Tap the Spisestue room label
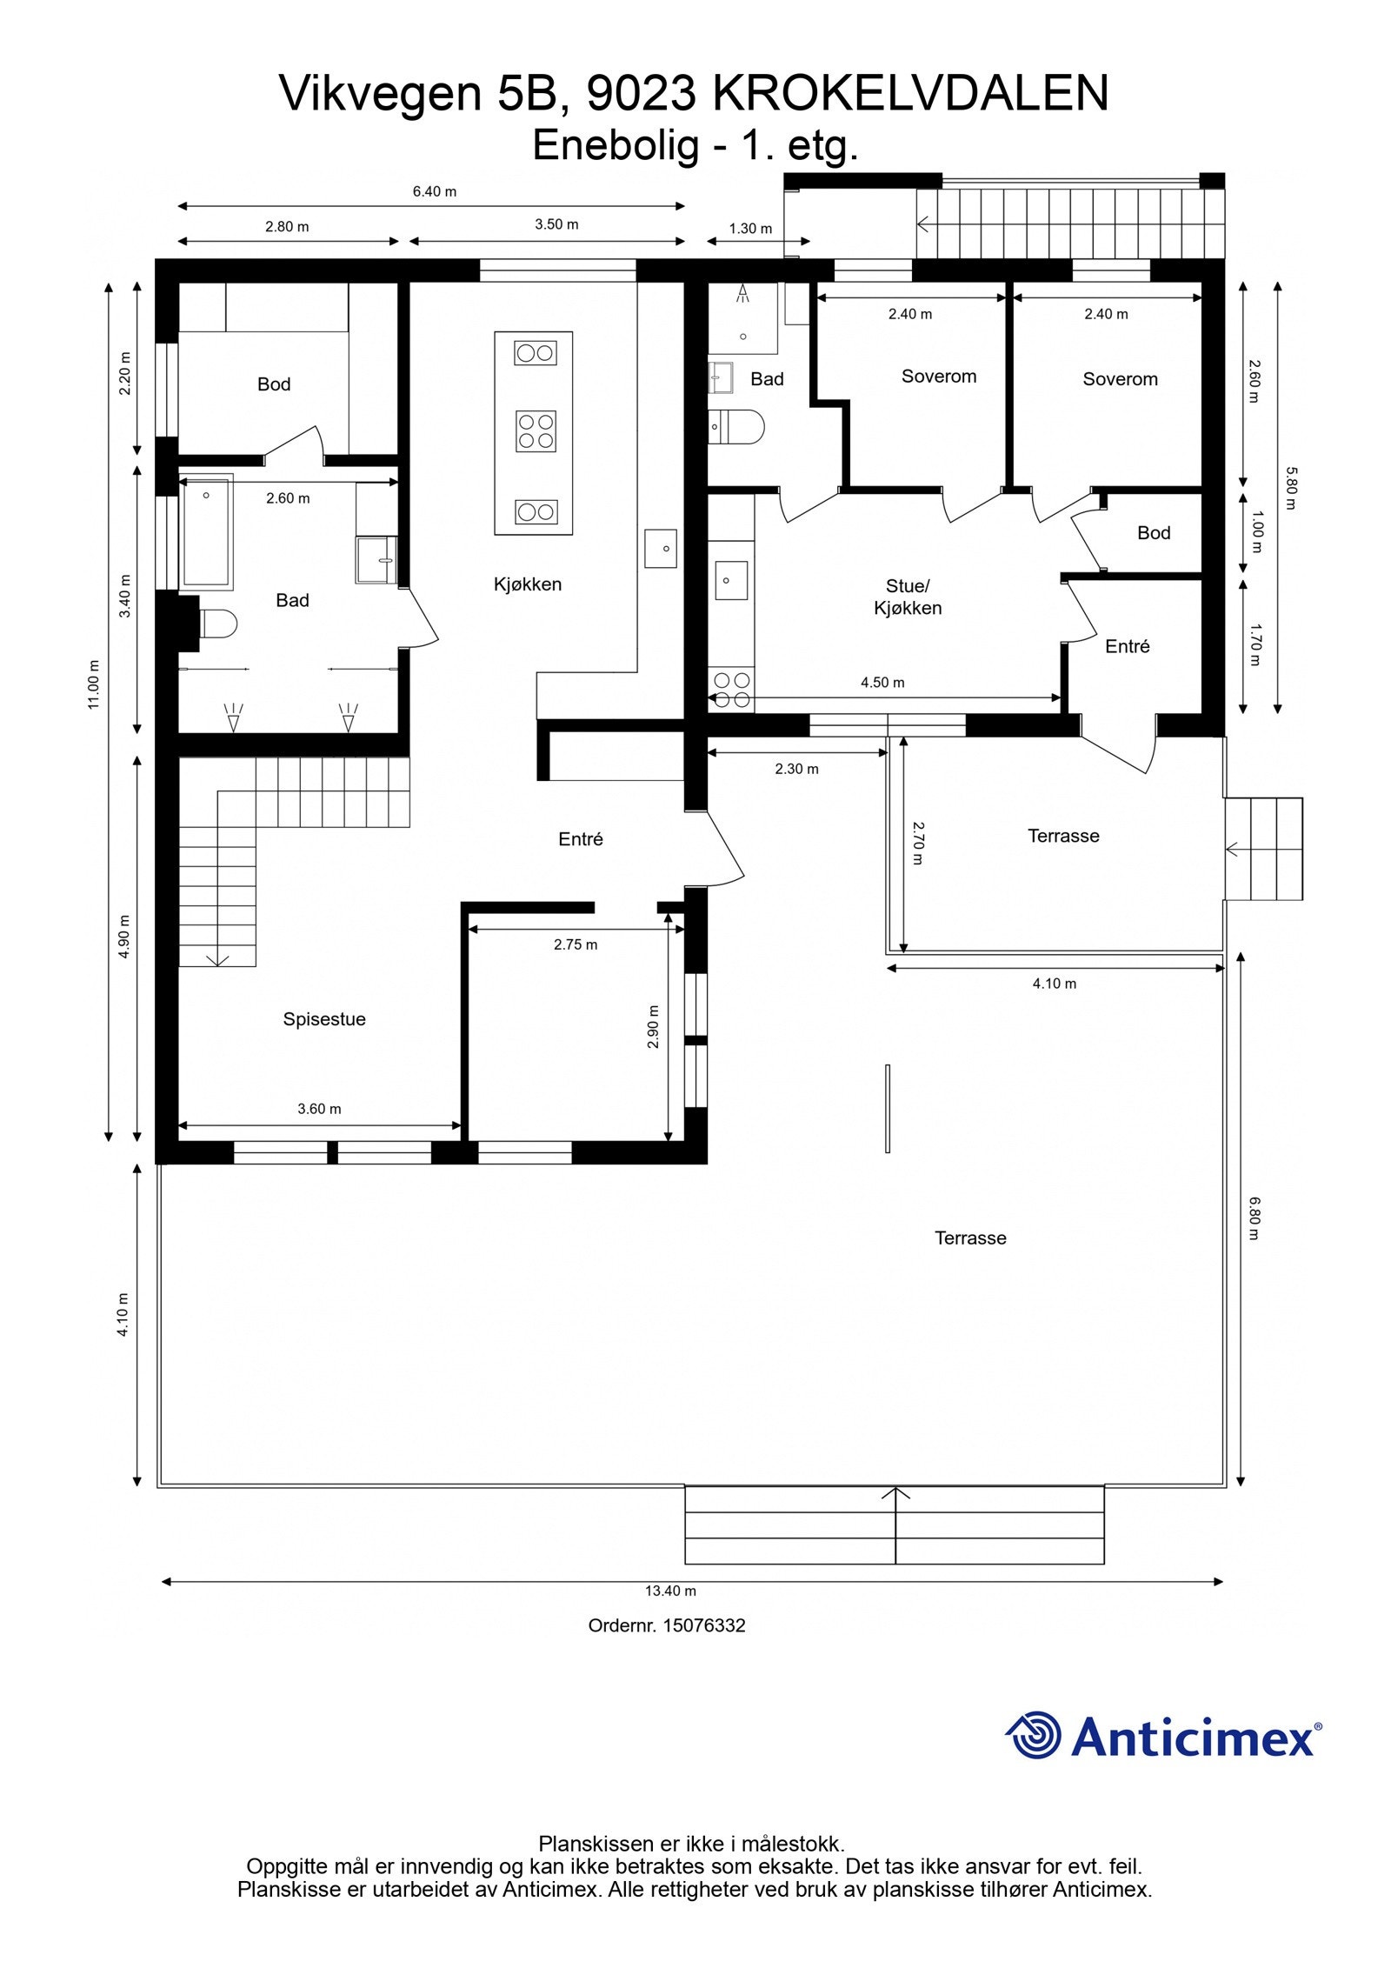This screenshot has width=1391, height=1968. [x=323, y=1019]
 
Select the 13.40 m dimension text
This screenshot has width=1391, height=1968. [x=669, y=1591]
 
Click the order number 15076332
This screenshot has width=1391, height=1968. [x=667, y=1625]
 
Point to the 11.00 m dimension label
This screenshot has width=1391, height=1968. [x=94, y=684]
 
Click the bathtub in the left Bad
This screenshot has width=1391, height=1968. [x=207, y=530]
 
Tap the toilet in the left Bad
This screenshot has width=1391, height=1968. [x=217, y=624]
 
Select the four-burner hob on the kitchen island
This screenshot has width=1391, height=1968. [x=536, y=431]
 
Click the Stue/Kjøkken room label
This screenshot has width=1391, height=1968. [x=907, y=597]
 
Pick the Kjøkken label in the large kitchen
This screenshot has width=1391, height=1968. [x=527, y=584]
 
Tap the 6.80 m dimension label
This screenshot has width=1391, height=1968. [x=1254, y=1218]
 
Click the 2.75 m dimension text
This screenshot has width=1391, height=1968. [x=575, y=944]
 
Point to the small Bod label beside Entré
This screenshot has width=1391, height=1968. [x=1153, y=533]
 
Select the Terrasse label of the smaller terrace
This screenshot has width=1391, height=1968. [x=1062, y=836]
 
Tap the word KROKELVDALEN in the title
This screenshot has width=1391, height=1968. [x=910, y=93]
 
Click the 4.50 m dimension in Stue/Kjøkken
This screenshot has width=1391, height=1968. [x=882, y=683]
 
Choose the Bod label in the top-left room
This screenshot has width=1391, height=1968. [x=273, y=384]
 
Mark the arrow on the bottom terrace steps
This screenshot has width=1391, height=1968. [x=895, y=1494]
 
